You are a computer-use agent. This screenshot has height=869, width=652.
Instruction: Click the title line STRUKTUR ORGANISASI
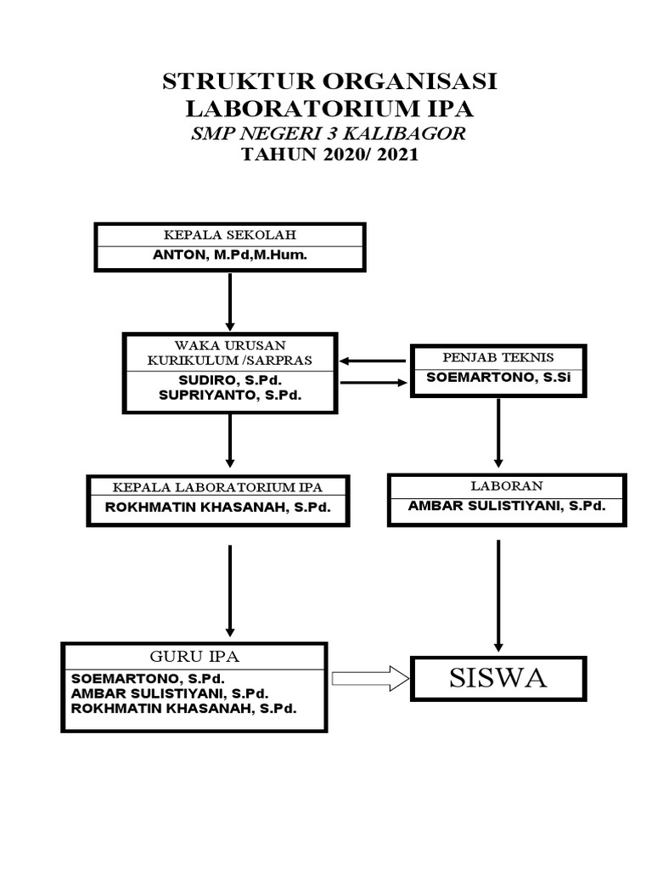329,82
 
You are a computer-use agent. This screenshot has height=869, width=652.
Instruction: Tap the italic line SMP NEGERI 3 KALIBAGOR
329,133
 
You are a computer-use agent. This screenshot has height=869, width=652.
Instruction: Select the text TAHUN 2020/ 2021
329,155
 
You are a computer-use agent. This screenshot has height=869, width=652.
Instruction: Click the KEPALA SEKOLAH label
229,234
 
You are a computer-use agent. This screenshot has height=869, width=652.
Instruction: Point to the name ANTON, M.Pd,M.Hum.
229,255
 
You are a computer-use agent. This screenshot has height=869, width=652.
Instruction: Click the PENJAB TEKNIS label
497,357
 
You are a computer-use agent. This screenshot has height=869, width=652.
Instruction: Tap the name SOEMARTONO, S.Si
497,377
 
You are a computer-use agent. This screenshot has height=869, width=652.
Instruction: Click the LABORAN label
507,485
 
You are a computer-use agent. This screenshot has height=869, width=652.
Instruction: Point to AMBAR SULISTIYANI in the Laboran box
507,505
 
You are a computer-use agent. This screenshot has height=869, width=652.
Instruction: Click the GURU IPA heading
194,657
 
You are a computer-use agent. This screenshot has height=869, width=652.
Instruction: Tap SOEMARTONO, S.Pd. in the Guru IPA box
148,679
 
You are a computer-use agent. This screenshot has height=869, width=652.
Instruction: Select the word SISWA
497,678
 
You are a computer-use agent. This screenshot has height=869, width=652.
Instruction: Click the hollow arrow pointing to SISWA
370,678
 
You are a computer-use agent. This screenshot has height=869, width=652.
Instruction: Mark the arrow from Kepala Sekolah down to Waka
229,301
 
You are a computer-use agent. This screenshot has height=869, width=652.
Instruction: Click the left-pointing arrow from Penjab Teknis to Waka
374,361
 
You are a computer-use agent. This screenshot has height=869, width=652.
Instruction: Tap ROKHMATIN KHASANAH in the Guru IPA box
184,708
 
